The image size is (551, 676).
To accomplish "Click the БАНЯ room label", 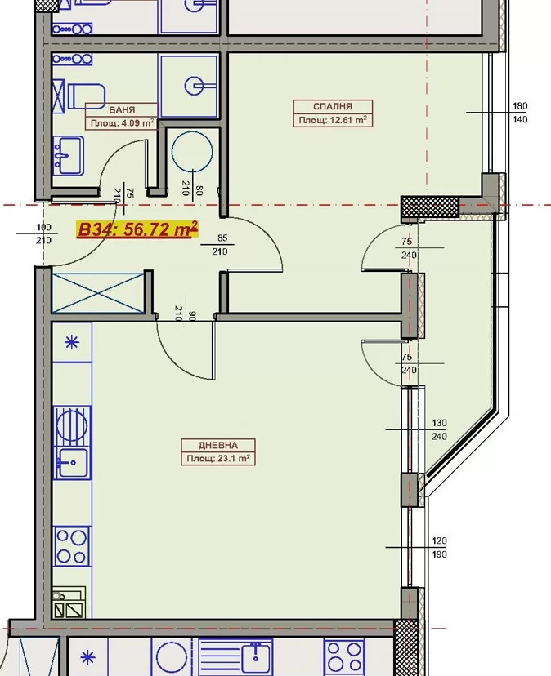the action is [x=122, y=110].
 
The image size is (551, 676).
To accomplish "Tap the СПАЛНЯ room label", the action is [x=333, y=106].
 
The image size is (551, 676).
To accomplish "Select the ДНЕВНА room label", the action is [x=218, y=445].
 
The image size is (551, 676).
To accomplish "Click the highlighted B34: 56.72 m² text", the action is [x=137, y=229].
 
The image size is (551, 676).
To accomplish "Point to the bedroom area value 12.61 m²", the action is [x=347, y=120].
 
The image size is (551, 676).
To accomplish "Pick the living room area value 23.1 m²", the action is [x=234, y=458].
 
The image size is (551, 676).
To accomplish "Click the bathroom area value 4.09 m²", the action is [x=137, y=122].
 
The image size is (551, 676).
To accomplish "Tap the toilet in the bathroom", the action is [x=87, y=96].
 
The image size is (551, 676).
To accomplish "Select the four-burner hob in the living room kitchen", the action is [x=72, y=546].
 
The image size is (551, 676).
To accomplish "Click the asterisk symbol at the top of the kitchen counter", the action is [x=72, y=343].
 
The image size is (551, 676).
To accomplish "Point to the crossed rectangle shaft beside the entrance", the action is [x=98, y=293].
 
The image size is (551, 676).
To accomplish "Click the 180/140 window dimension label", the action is [x=520, y=112].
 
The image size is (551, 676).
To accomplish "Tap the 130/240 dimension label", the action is [x=439, y=429].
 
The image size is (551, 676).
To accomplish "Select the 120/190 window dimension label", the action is [x=439, y=548].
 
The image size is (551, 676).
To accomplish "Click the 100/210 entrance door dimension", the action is [x=43, y=233].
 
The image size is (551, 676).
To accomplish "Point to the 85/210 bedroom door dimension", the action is [x=220, y=244].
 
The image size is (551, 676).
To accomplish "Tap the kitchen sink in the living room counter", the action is [x=72, y=463].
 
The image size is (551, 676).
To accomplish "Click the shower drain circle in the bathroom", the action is [x=195, y=86].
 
